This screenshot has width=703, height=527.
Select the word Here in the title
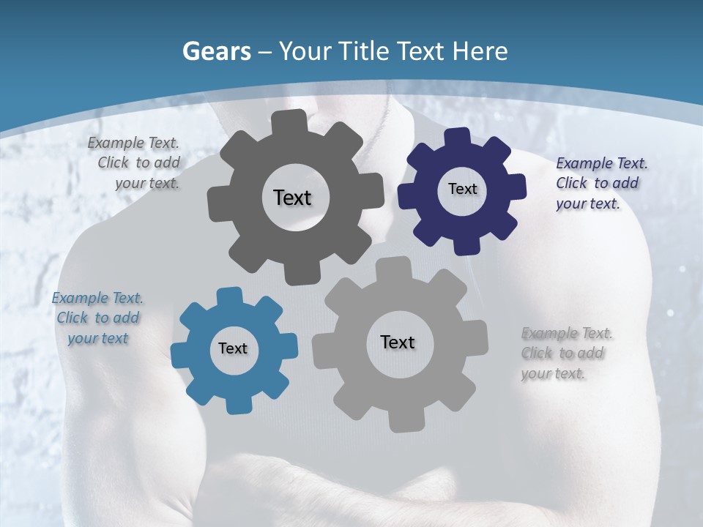[x=480, y=51]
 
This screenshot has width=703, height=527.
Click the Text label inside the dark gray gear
[x=292, y=198]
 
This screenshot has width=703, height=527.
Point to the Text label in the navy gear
[x=462, y=189]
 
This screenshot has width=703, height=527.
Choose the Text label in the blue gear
[x=233, y=348]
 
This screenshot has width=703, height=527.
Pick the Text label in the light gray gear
[x=398, y=342]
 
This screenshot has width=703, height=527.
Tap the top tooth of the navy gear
[x=456, y=136]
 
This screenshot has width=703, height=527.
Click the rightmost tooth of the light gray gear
[x=477, y=339]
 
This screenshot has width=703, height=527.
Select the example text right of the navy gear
[x=600, y=183]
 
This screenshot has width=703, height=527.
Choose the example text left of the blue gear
[x=97, y=318]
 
